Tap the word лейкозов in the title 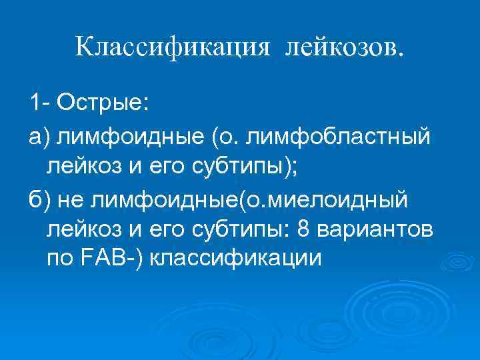point(345,47)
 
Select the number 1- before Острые point(39,103)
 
